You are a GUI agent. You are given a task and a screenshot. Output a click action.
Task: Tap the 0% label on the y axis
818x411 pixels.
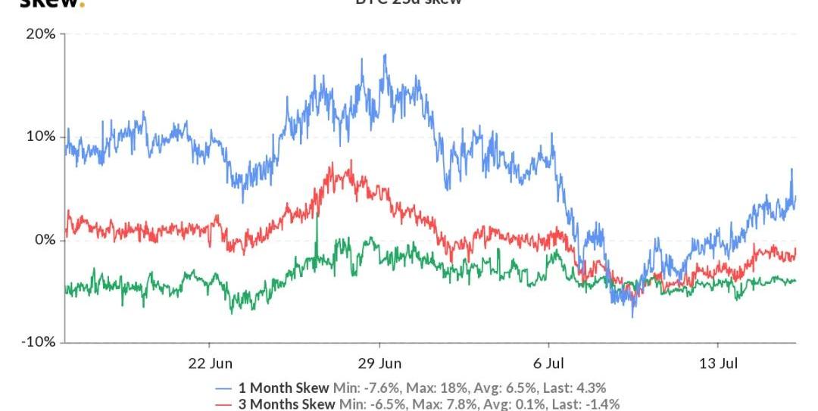(x=45, y=240)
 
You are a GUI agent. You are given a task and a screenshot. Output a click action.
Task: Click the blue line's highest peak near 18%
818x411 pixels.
(x=385, y=55)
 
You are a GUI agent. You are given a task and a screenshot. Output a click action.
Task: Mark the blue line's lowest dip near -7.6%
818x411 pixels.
(x=633, y=316)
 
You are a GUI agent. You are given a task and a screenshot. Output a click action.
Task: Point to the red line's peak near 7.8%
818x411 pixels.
(x=351, y=160)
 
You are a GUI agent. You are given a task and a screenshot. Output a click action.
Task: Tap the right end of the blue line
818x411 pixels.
(x=795, y=197)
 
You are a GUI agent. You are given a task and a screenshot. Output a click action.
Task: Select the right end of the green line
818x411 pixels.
(x=795, y=281)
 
